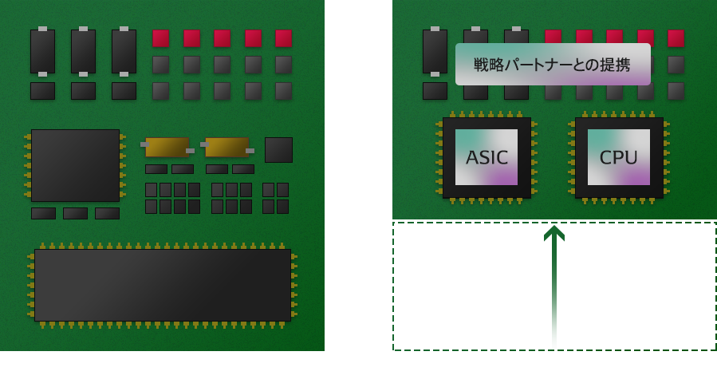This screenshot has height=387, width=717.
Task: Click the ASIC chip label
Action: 487,157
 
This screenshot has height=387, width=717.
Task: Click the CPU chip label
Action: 619,157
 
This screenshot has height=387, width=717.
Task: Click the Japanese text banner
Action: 553,64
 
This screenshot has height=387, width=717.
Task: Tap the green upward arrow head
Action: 554,232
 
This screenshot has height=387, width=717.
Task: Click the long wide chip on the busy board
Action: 163,285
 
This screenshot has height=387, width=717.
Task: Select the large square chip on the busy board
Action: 75,165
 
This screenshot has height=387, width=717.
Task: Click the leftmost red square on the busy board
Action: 160,38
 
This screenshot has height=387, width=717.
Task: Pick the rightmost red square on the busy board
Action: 283,38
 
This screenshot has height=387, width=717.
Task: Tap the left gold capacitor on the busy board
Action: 167,147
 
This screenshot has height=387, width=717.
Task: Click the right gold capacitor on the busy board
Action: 227,147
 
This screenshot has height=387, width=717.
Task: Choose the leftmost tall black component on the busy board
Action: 42,51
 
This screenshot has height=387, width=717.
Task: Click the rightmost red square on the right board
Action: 676,38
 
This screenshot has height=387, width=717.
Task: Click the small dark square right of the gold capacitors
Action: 278,149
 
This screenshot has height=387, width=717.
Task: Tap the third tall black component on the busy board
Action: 124,51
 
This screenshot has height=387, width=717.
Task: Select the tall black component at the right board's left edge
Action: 435,51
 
